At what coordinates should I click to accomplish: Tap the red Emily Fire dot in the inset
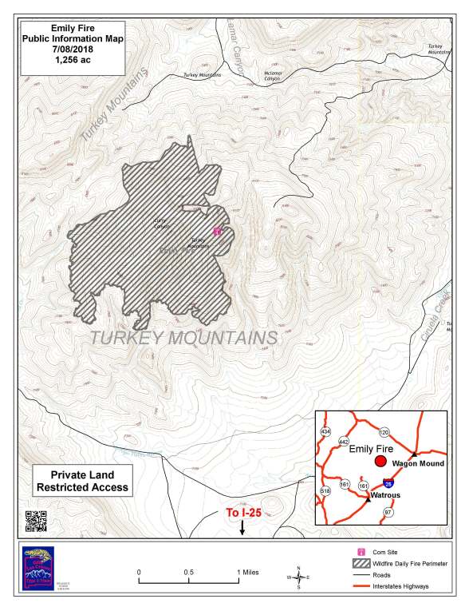click(x=380, y=462)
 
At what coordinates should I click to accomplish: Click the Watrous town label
click(x=384, y=496)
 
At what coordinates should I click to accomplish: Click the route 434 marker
click(x=325, y=431)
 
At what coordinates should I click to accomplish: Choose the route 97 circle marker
click(x=388, y=512)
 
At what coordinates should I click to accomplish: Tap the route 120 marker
click(x=384, y=432)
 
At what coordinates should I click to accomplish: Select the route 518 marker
click(x=325, y=490)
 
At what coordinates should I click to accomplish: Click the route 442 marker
click(x=344, y=442)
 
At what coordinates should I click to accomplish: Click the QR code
click(x=33, y=519)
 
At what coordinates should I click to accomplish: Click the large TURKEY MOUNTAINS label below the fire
click(x=183, y=337)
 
